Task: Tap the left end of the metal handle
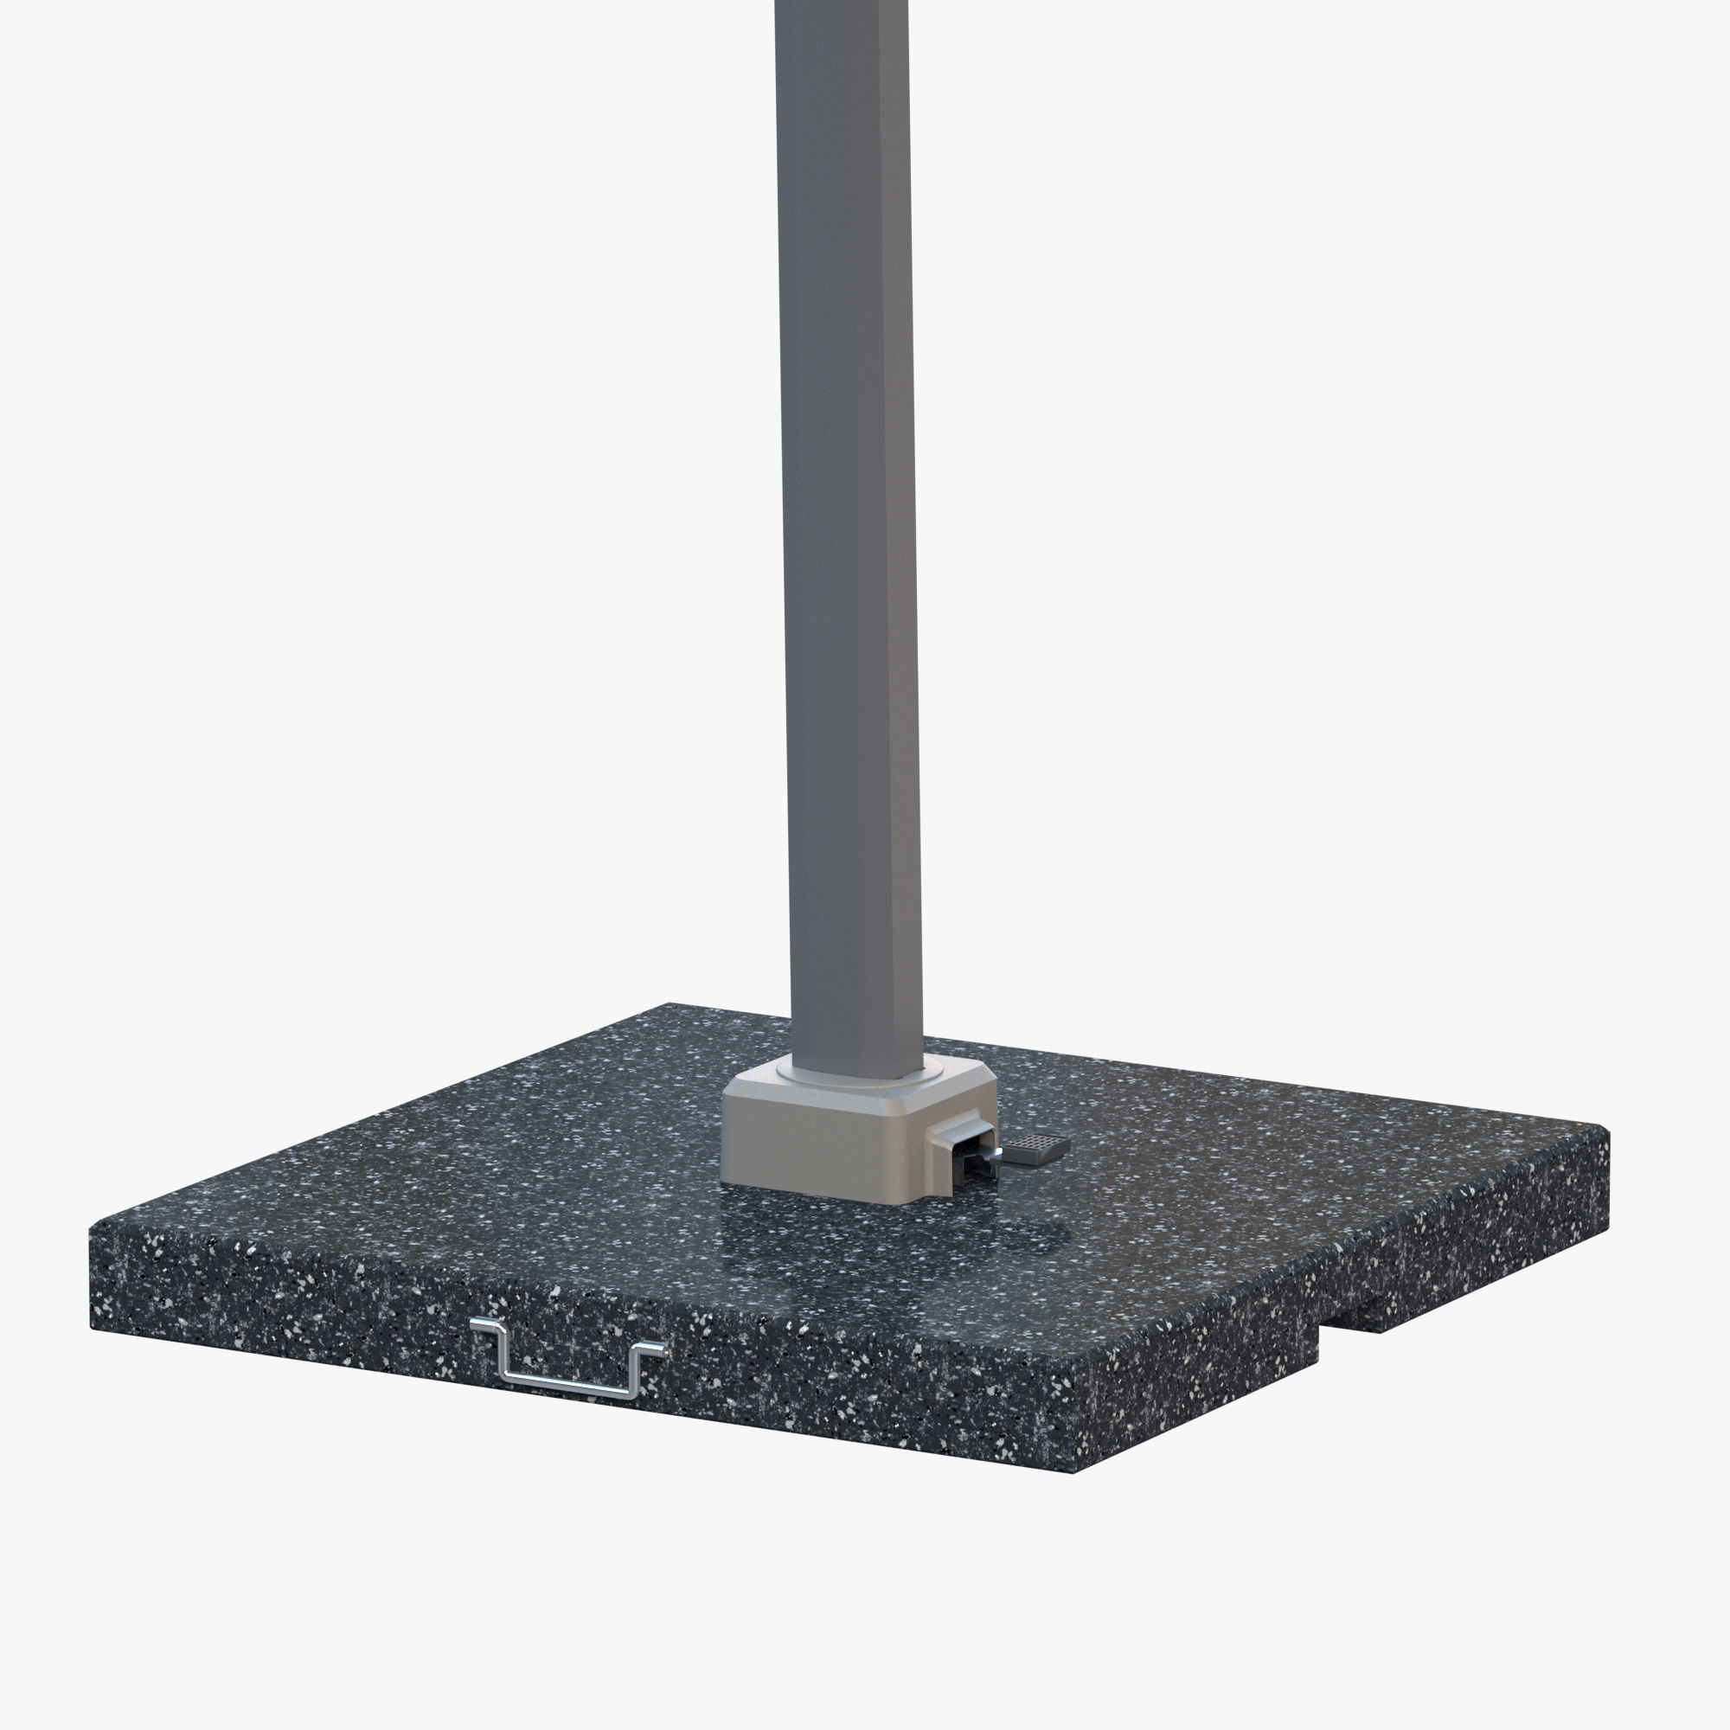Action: [x=481, y=1324]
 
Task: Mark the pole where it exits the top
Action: [x=842, y=7]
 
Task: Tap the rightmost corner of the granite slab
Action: [x=1607, y=1133]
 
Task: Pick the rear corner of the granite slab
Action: [x=671, y=1004]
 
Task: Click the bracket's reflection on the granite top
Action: [x=806, y=1231]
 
